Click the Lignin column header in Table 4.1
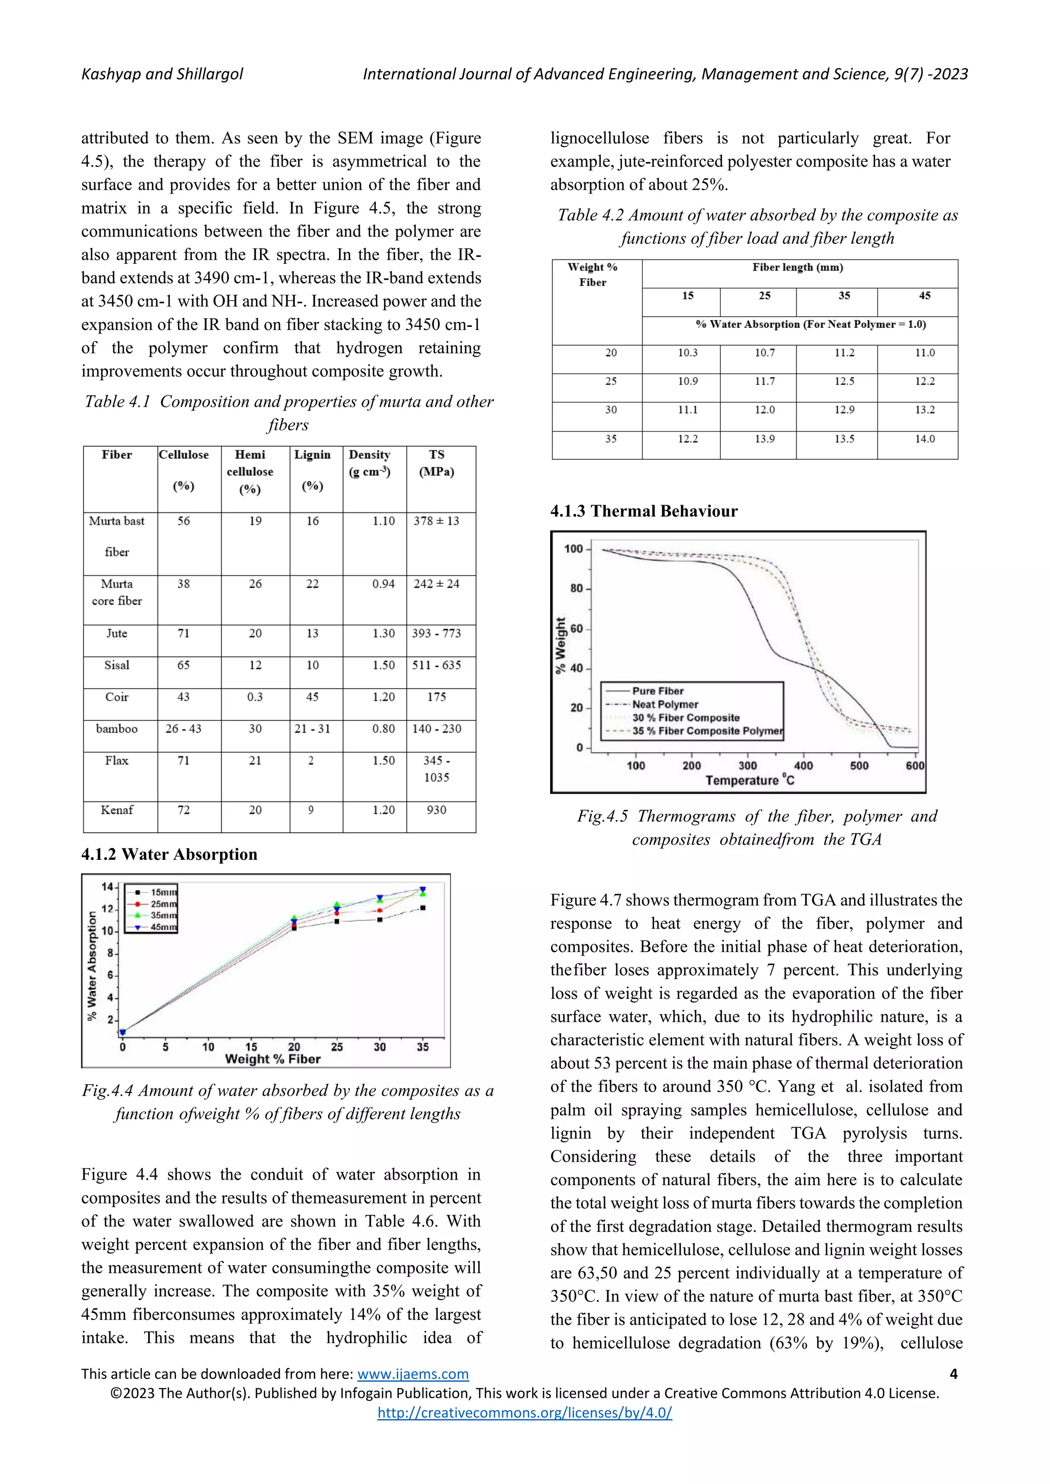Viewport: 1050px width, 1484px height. click(312, 455)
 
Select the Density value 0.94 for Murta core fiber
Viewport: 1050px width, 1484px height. click(383, 584)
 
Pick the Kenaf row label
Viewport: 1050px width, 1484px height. click(116, 810)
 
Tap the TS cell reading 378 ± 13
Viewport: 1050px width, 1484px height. click(436, 521)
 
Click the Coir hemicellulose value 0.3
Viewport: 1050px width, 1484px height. click(255, 697)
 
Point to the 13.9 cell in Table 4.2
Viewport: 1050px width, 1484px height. click(765, 439)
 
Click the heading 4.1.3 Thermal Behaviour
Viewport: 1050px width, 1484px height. click(643, 511)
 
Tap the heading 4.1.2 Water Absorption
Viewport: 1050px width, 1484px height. click(169, 854)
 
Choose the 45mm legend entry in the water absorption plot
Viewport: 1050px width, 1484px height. click(163, 927)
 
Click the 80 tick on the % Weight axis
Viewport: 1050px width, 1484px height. click(576, 588)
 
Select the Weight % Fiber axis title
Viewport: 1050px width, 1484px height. click(272, 1059)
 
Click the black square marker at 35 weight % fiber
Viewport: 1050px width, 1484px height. click(423, 908)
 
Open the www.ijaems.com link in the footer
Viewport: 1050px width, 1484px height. click(413, 1374)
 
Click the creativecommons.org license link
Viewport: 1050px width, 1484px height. click(524, 1413)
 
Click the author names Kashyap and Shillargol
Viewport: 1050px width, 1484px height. click(163, 74)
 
